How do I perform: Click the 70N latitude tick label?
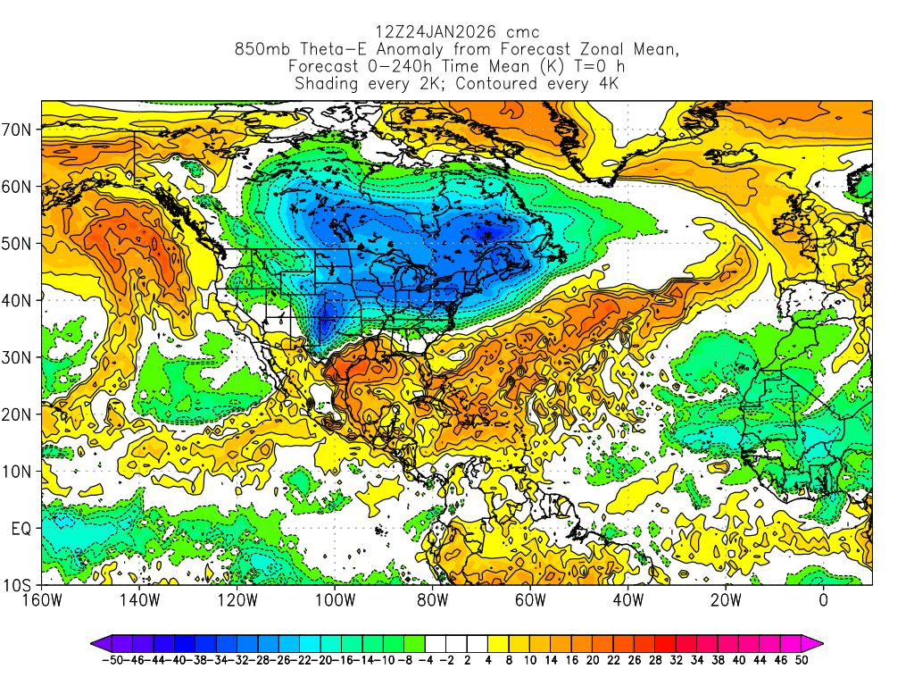(x=20, y=130)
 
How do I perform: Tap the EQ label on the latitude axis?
(x=21, y=529)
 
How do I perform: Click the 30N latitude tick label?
(x=20, y=357)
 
